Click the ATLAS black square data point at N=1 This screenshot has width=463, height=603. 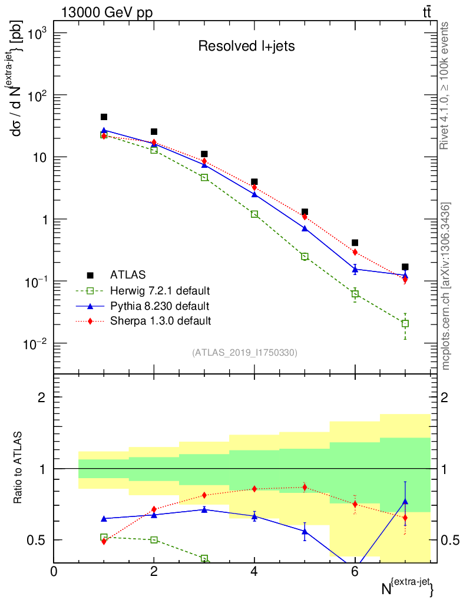tap(104, 117)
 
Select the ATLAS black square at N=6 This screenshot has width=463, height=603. tap(355, 243)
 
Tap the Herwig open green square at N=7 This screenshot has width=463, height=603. tap(405, 323)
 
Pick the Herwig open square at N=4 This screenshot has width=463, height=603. tap(254, 214)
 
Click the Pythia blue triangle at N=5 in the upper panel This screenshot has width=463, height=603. tap(305, 228)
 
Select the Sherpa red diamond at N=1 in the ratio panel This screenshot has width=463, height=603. tap(104, 541)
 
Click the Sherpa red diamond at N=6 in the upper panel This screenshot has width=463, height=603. tap(355, 252)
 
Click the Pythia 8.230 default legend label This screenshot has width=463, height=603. tap(160, 306)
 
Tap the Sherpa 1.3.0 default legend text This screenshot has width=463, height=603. tap(160, 321)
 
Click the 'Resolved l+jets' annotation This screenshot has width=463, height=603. tap(246, 46)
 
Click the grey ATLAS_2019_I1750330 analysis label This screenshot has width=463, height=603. tap(244, 353)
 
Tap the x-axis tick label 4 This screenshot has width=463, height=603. tap(254, 571)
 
